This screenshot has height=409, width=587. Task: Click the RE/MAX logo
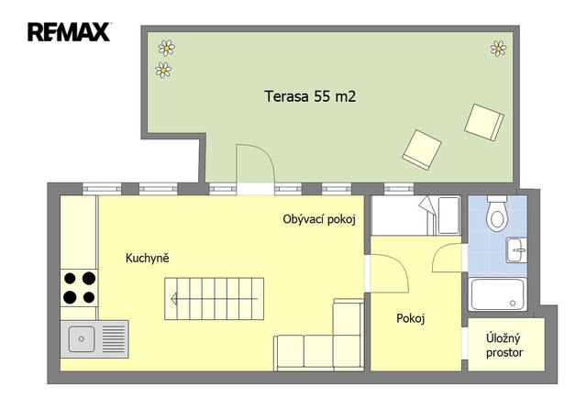pyautogui.click(x=69, y=32)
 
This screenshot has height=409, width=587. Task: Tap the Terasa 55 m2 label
pyautogui.click(x=310, y=96)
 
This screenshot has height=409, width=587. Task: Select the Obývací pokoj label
pyautogui.click(x=319, y=219)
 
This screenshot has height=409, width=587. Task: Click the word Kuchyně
pyautogui.click(x=147, y=258)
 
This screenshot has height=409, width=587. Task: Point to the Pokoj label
pyautogui.click(x=410, y=318)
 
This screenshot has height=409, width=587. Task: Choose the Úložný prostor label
pyautogui.click(x=504, y=346)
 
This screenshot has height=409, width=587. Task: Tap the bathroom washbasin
pyautogui.click(x=516, y=250)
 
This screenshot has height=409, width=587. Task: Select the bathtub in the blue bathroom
pyautogui.click(x=497, y=294)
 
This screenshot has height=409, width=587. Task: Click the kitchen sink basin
pyautogui.click(x=82, y=339)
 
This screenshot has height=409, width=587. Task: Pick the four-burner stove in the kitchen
pyautogui.click(x=80, y=288)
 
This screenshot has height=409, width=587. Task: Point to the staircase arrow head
pyautogui.click(x=173, y=299)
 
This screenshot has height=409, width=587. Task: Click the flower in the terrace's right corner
pyautogui.click(x=498, y=49)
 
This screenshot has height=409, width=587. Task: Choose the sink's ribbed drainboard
pyautogui.click(x=114, y=339)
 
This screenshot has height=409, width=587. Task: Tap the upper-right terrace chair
pyautogui.click(x=484, y=122)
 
